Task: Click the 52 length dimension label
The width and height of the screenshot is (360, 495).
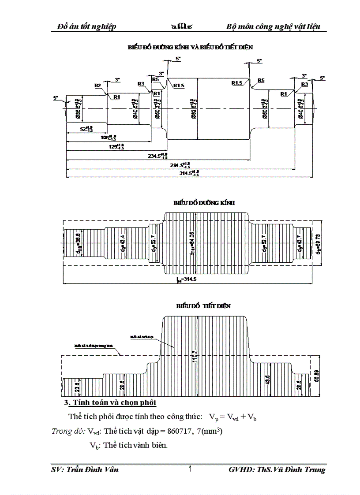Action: coord(86,129)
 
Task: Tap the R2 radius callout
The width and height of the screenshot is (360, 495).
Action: coord(97,85)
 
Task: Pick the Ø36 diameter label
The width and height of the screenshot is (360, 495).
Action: coord(79,108)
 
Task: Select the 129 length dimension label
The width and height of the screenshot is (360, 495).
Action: coord(116,147)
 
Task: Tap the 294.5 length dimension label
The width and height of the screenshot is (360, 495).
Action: coord(180,164)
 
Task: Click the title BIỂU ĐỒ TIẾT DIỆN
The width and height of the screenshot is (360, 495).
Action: coord(203,305)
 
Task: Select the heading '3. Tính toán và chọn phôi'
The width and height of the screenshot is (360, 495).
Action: coord(110,403)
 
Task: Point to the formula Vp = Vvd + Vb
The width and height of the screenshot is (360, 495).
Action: coord(232,417)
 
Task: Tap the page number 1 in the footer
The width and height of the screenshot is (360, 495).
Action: coord(190,469)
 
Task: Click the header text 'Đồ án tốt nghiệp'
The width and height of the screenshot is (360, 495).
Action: coord(87,26)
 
